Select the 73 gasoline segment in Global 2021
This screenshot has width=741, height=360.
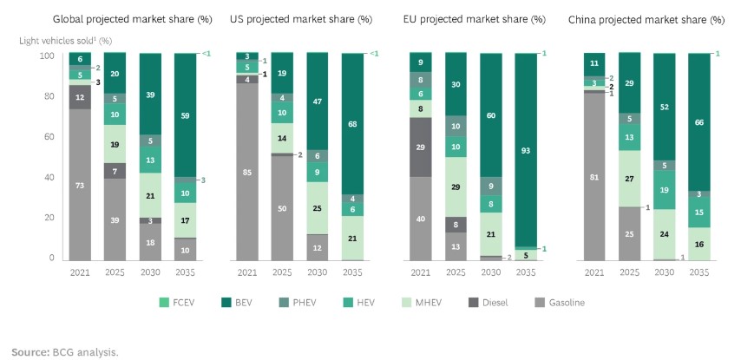coord(80,185)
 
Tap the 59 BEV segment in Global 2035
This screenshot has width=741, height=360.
coord(187,115)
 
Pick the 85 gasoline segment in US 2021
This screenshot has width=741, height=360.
coord(247,172)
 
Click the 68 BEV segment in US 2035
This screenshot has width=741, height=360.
coord(353,123)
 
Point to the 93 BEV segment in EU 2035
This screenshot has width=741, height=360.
coord(527,150)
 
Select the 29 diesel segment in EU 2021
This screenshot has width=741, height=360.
coord(421,147)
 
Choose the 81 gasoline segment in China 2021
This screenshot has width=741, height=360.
coord(595,176)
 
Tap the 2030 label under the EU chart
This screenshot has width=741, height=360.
coord(492,272)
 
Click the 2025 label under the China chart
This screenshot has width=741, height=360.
coord(630,272)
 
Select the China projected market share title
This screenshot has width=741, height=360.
coord(646,19)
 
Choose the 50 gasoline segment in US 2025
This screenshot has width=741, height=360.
coord(283,208)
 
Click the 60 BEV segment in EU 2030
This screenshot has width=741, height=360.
coord(492,115)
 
